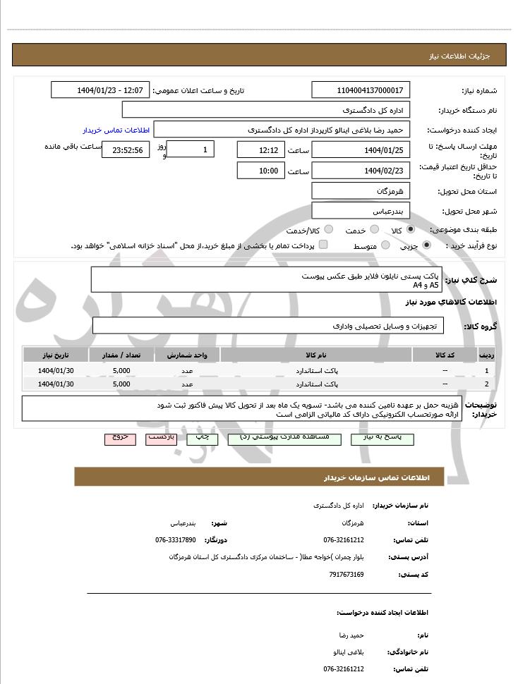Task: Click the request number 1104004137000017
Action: [361, 90]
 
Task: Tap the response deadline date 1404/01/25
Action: [361, 150]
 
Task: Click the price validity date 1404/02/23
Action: [361, 171]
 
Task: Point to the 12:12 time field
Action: [261, 150]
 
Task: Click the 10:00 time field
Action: [261, 171]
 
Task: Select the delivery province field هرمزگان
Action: [361, 191]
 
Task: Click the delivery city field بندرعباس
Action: [361, 211]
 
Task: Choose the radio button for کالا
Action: [411, 231]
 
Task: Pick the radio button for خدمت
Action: [375, 231]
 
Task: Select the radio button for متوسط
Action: [385, 245]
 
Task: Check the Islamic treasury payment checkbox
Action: [323, 245]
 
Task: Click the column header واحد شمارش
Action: [187, 354]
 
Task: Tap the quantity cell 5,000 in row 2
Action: [121, 384]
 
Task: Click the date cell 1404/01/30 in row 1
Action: [56, 370]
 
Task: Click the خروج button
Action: [120, 438]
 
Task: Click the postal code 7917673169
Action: [347, 575]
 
